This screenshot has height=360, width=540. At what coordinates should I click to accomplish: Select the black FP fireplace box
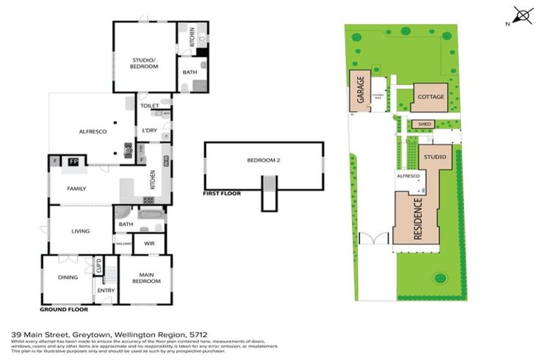click(x=72, y=162)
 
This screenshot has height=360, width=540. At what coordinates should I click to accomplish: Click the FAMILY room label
click(x=77, y=189)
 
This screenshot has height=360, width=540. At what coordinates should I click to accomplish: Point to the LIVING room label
click(x=82, y=230)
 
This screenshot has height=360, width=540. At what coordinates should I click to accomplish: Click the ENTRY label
click(x=106, y=290)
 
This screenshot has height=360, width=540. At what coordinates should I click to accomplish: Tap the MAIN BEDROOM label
click(x=146, y=278)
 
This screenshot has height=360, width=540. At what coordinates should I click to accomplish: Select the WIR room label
click(x=149, y=243)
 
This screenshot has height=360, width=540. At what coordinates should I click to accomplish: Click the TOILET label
click(x=150, y=106)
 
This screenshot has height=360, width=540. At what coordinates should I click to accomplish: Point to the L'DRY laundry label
click(x=149, y=131)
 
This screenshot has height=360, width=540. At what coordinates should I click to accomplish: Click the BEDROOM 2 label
click(x=264, y=160)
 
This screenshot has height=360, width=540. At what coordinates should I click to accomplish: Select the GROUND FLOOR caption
click(x=63, y=309)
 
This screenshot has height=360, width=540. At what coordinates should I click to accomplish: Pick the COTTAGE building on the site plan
click(x=430, y=97)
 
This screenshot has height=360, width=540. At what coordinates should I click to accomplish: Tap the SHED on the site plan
click(x=424, y=124)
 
